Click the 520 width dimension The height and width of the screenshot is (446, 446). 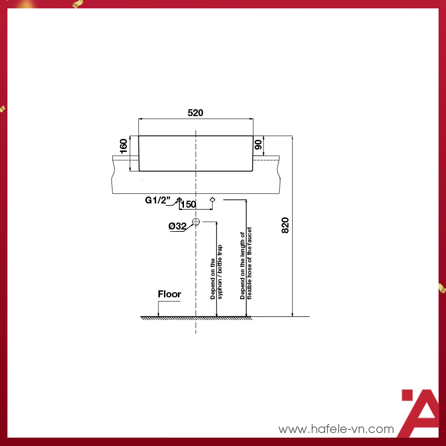click(x=196, y=113)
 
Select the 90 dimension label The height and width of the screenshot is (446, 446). click(x=258, y=144)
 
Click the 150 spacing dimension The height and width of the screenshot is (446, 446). click(x=188, y=204)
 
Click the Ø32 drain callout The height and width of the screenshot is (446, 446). click(x=177, y=226)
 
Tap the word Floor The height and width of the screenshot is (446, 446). click(x=170, y=294)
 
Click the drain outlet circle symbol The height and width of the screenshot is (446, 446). click(x=196, y=221)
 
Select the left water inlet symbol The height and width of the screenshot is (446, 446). click(x=179, y=199)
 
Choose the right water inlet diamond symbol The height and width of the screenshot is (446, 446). click(x=212, y=199)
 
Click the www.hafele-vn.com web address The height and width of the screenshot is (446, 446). click(x=336, y=429)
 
